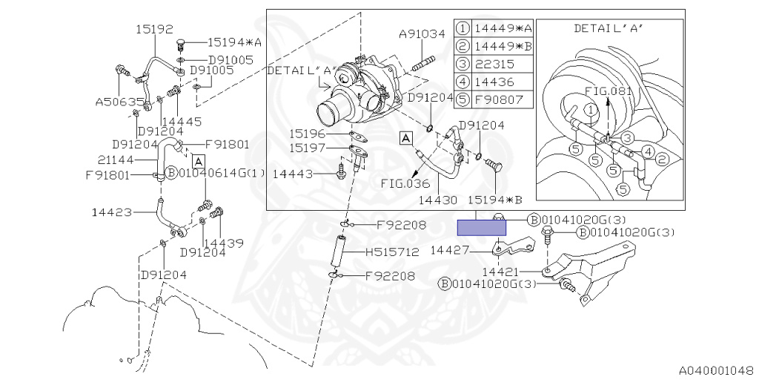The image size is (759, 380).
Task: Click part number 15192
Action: point(154,30)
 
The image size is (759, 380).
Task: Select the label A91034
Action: point(422,33)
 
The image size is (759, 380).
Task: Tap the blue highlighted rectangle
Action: point(481,227)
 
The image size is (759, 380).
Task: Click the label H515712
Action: point(391,252)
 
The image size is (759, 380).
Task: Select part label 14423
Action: point(112,213)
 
